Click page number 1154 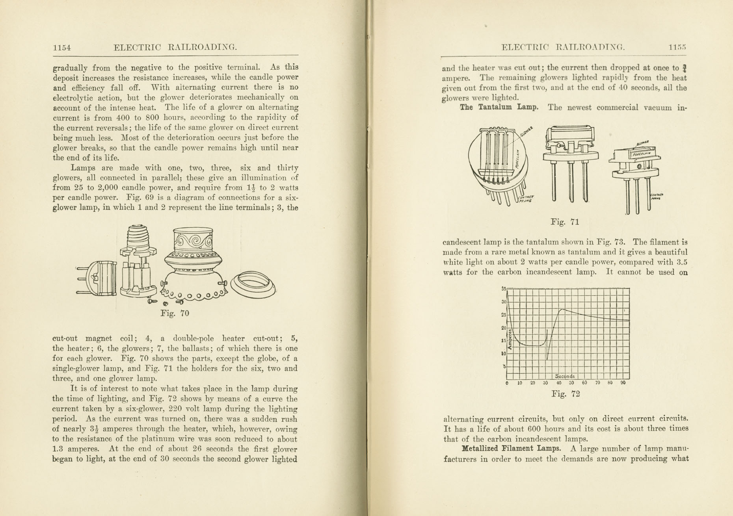tap(62, 48)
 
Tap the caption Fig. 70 tap(175, 314)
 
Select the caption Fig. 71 tap(565, 222)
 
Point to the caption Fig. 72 tap(566, 394)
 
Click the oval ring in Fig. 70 tap(253, 284)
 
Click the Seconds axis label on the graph tap(565, 376)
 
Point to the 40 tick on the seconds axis tap(559, 383)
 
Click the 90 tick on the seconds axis tap(623, 383)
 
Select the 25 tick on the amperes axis tap(503, 315)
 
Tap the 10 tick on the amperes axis tap(503, 354)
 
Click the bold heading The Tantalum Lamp tap(499, 107)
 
